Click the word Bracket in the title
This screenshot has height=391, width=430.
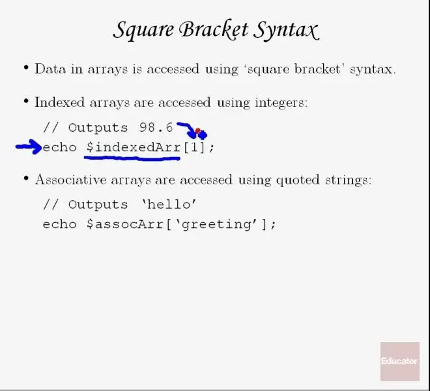(214, 29)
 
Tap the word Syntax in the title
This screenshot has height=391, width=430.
(286, 30)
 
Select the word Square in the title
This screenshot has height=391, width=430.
(143, 31)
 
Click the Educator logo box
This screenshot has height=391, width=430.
(400, 362)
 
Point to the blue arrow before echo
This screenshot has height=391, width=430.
(29, 147)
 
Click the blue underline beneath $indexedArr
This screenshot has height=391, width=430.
(132, 158)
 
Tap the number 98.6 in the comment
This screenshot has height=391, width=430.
(156, 128)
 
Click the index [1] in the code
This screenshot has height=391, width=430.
(194, 148)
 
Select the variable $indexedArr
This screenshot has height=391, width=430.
(134, 147)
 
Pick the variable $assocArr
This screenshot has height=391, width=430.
(125, 224)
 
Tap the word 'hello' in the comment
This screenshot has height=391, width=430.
(169, 205)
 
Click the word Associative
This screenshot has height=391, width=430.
(71, 180)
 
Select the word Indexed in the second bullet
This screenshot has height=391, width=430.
(59, 102)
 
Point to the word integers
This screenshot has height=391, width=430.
(281, 103)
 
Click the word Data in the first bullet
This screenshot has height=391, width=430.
(50, 68)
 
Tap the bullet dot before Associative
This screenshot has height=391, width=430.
(26, 179)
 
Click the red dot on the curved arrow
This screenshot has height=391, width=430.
(197, 130)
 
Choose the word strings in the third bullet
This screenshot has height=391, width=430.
(349, 181)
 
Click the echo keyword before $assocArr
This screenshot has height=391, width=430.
(59, 224)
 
